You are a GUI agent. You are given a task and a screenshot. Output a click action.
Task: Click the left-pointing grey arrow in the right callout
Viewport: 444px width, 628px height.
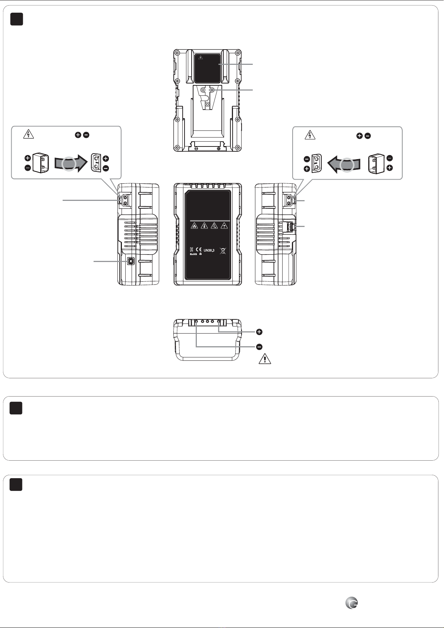[344, 164]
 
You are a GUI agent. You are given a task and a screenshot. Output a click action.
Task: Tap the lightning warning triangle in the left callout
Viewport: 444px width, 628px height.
[28, 134]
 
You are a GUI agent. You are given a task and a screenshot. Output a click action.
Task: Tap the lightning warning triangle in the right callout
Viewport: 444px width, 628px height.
[310, 135]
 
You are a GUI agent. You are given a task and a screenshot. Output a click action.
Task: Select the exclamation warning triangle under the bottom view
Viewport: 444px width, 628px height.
[265, 359]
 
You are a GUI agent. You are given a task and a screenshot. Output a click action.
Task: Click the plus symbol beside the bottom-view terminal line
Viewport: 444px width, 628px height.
[259, 332]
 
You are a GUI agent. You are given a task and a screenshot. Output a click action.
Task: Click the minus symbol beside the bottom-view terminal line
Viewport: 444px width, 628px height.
[259, 347]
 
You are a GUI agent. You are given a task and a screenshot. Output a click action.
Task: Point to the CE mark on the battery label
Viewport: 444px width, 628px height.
[199, 249]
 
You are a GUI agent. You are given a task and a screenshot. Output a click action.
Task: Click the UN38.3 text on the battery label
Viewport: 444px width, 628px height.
[209, 250]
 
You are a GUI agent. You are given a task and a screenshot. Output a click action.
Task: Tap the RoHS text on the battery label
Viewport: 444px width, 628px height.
[193, 254]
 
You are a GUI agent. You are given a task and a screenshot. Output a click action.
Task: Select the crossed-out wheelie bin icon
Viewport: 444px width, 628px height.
[223, 250]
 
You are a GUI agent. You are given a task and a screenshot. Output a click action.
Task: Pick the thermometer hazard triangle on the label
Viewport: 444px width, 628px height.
[204, 226]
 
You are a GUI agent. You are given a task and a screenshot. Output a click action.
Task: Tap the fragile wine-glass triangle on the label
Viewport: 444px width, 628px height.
[224, 226]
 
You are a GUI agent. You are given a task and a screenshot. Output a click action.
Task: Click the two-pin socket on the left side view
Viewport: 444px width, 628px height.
[125, 200]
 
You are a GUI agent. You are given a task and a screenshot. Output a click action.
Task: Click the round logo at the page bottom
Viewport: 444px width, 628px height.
[352, 603]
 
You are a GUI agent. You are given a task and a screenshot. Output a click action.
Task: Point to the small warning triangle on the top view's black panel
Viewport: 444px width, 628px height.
[200, 57]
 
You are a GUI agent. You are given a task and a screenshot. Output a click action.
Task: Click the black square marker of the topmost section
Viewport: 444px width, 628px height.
[16, 19]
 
